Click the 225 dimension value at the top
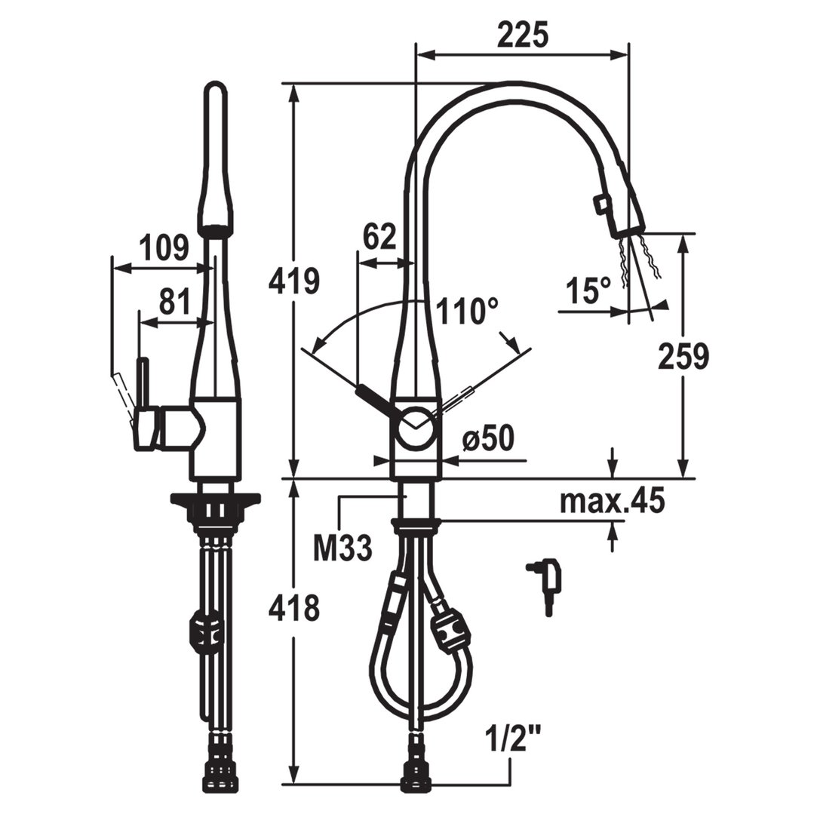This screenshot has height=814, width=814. tap(522, 35)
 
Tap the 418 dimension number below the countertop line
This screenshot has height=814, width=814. tap(293, 607)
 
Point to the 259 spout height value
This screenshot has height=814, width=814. tap(683, 357)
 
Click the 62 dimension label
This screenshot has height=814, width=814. tap(379, 237)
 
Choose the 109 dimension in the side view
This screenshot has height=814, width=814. tap(165, 247)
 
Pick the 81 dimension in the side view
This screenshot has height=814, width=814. tap(174, 302)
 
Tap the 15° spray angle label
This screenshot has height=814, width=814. tap(588, 290)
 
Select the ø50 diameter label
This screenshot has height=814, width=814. tap(488, 438)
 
